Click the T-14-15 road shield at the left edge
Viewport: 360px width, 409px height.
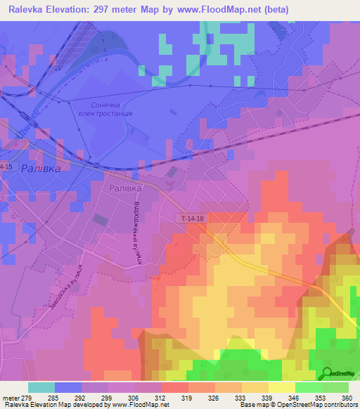[x=6, y=166]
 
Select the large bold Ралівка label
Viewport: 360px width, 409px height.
[x=41, y=169]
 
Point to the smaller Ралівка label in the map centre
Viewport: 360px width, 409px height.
[x=126, y=188]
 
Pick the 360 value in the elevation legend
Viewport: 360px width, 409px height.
[x=345, y=397]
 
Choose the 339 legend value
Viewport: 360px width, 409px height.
[x=266, y=397]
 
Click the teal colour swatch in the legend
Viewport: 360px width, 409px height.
[x=41, y=387]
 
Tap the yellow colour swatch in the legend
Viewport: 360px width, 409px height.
[x=281, y=387]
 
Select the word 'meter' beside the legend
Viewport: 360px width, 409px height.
[x=11, y=397]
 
